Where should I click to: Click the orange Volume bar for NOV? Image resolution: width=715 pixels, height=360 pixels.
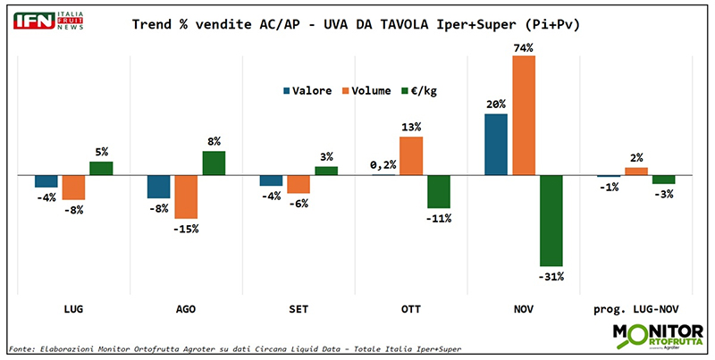point(524,115)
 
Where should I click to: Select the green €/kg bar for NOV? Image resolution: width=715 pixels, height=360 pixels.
point(551,220)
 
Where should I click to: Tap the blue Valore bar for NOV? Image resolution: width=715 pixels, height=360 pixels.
point(496,144)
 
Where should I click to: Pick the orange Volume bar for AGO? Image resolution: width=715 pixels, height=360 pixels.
point(186,197)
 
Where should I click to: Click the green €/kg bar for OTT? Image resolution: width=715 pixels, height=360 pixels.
point(438,191)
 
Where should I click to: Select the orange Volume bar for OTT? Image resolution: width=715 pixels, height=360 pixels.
point(410,155)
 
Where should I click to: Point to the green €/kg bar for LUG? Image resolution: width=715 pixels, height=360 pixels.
point(101,168)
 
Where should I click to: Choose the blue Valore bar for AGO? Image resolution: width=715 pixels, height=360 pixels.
point(158,186)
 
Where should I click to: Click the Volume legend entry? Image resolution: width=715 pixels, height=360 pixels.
point(369,90)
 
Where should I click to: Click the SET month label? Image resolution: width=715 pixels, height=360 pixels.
point(298,308)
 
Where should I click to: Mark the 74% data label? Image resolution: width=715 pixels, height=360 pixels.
point(524,47)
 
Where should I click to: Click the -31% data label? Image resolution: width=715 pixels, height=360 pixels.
point(551,275)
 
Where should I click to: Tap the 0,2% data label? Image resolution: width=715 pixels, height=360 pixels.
point(383,164)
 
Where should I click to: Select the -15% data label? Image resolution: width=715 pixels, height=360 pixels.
point(186,229)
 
